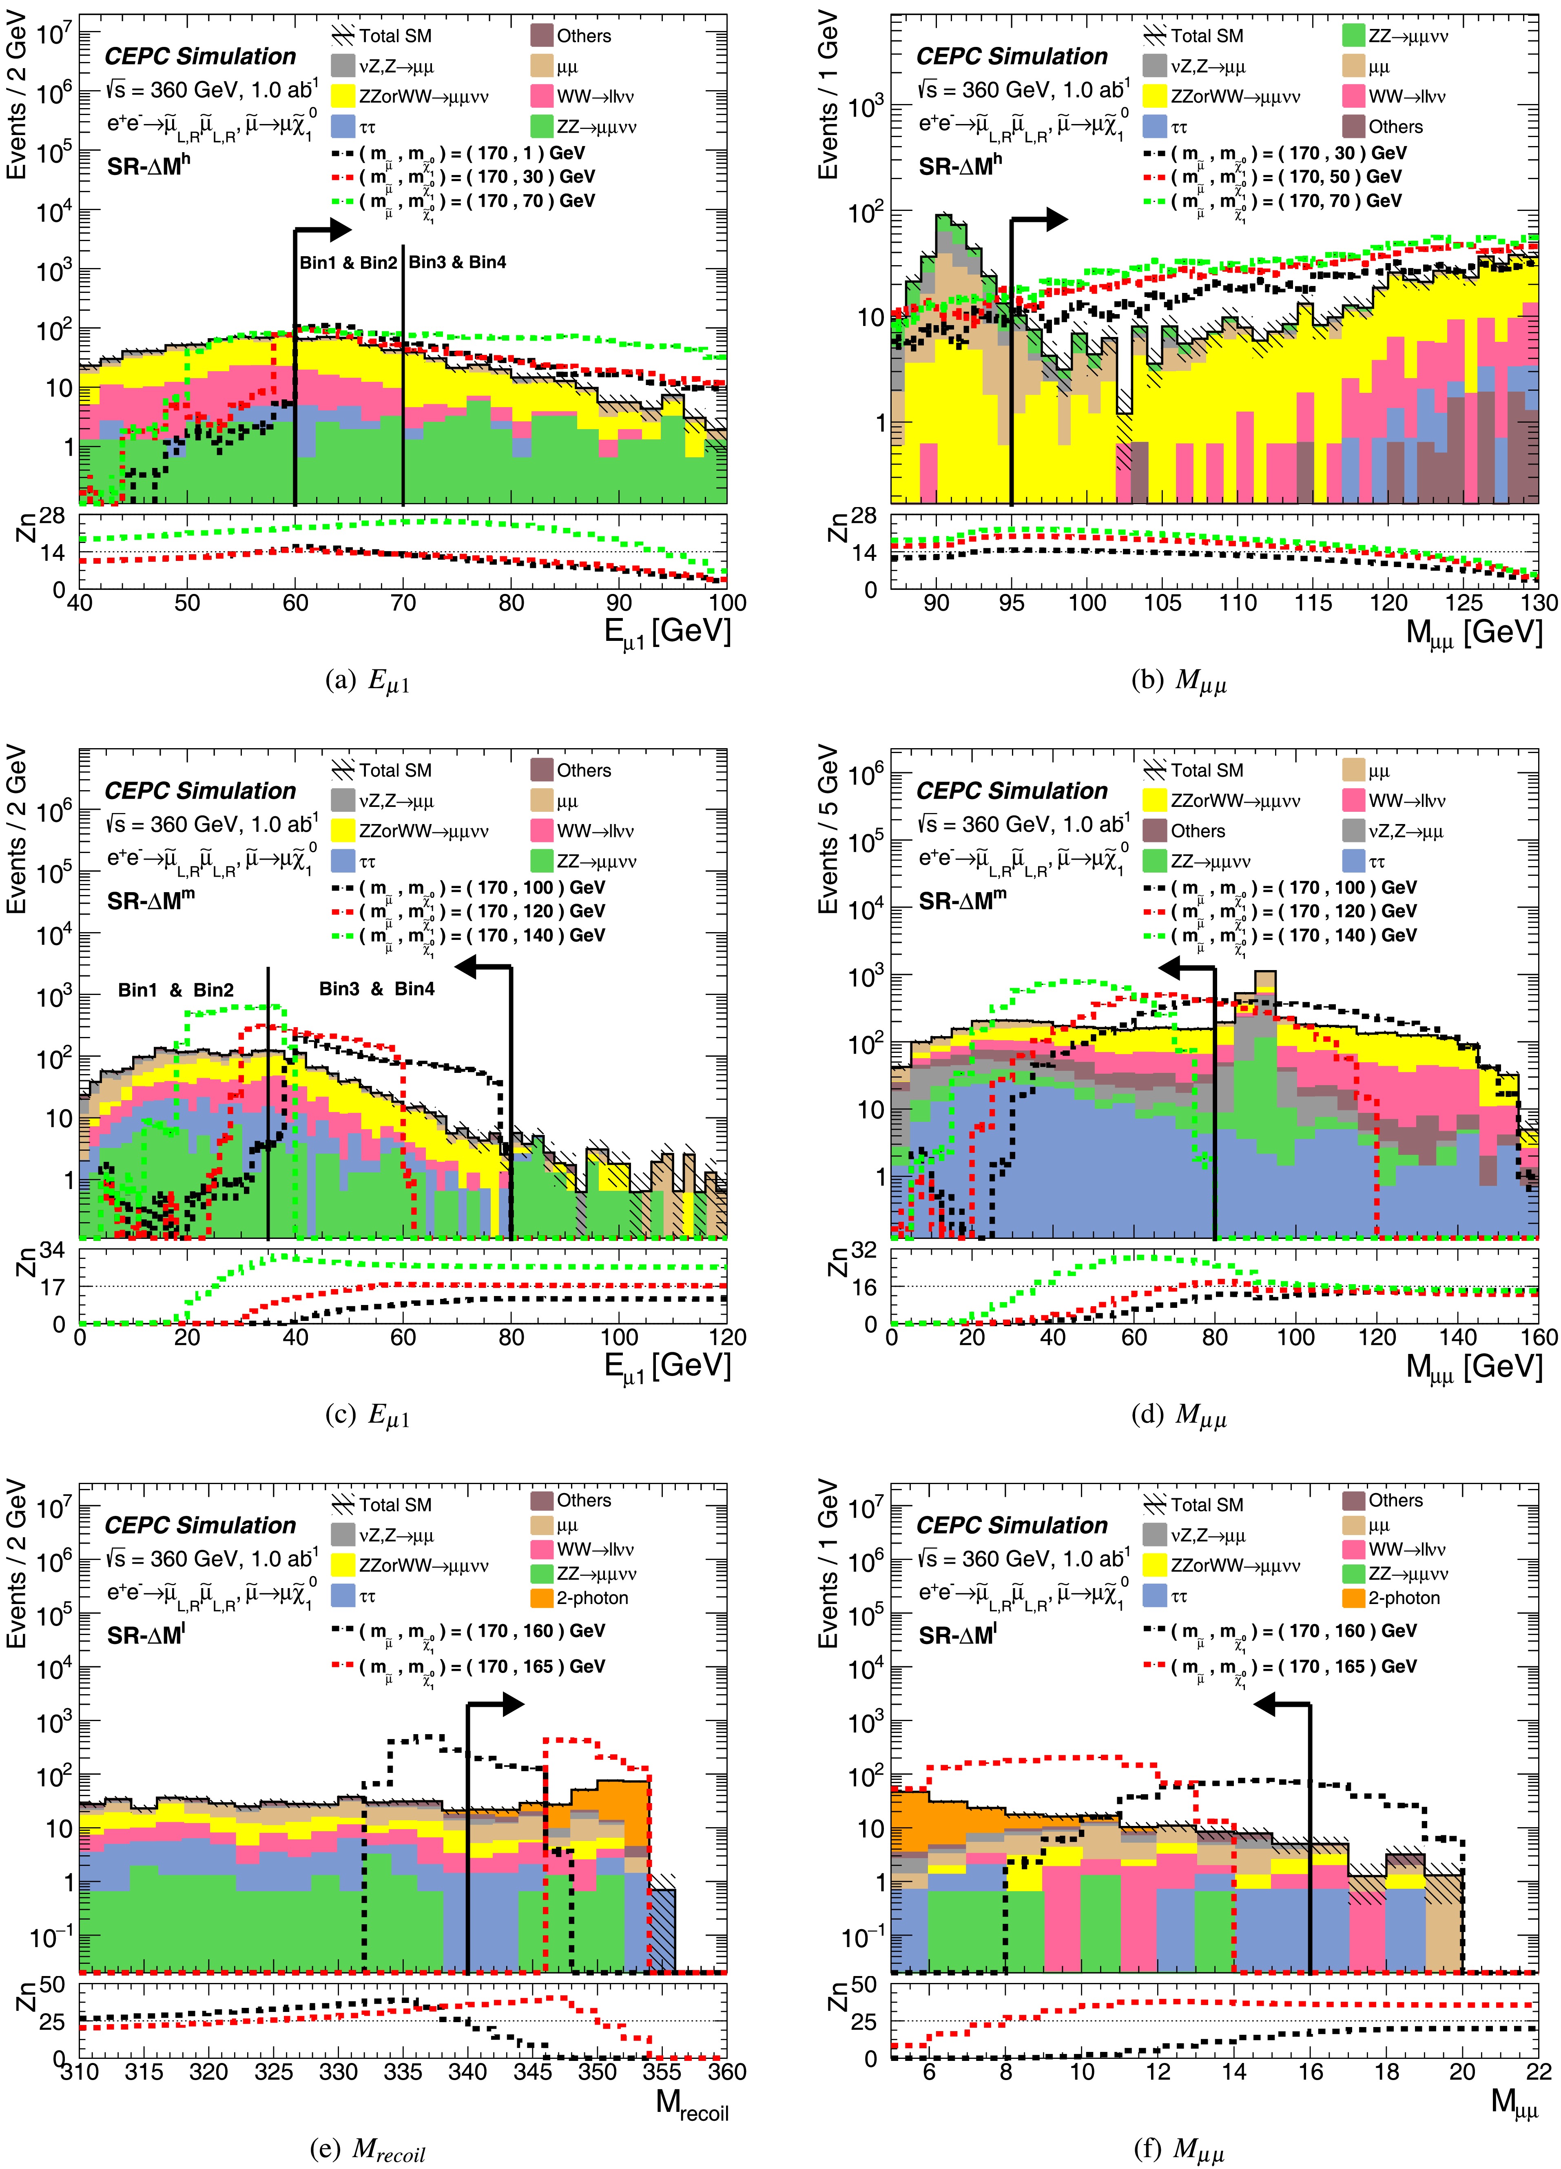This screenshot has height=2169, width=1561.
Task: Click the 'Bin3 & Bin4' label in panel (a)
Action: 457,262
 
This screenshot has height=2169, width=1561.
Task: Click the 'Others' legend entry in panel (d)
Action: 1198,831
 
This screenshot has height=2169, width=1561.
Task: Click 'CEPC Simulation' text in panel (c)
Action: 201,791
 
